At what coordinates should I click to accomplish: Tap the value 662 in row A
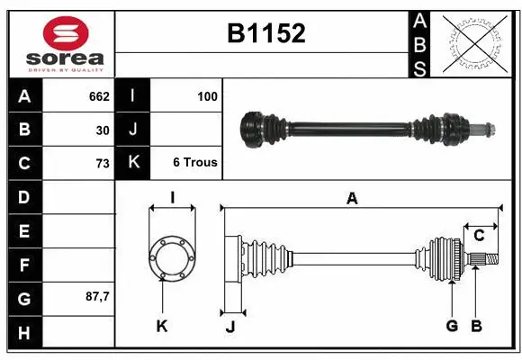click(x=98, y=96)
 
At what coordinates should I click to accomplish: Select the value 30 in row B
click(x=102, y=130)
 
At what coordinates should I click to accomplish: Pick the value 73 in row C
click(x=102, y=163)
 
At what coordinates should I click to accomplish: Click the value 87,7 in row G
click(x=95, y=296)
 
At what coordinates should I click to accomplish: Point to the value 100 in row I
click(x=207, y=96)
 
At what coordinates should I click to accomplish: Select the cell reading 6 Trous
click(x=194, y=163)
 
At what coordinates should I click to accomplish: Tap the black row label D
click(x=23, y=196)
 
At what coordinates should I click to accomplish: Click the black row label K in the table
click(x=132, y=163)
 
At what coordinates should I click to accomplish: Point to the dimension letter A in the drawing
click(x=352, y=199)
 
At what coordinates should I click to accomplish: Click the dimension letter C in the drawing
click(x=479, y=236)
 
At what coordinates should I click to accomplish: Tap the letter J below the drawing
click(x=229, y=327)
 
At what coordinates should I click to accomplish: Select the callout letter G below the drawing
click(x=452, y=326)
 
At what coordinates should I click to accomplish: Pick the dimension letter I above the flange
click(x=171, y=198)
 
